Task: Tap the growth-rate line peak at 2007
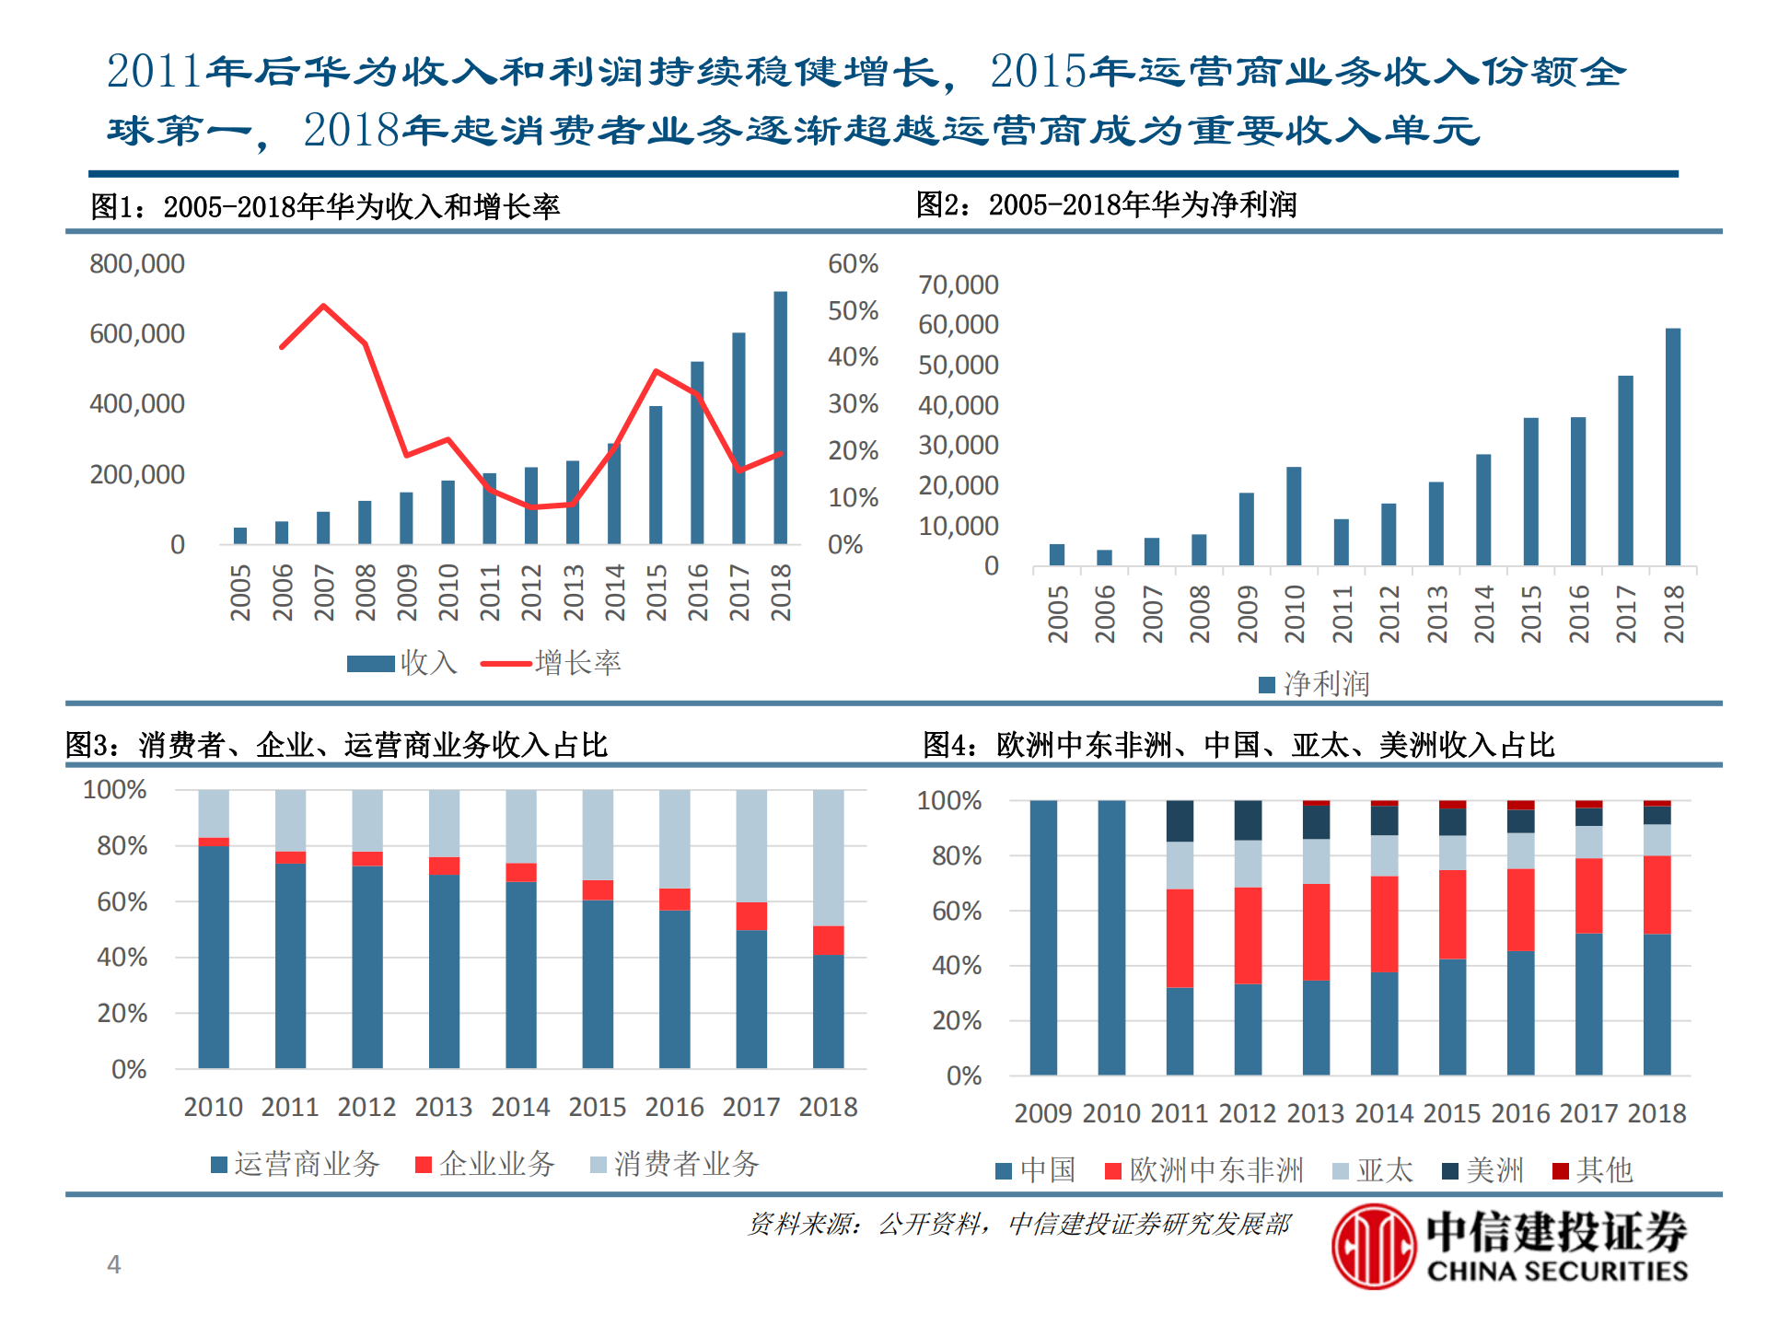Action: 323,306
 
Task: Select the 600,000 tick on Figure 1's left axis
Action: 137,333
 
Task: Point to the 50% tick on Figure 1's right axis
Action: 853,311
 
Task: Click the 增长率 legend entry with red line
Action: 552,663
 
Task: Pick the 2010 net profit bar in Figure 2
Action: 1294,516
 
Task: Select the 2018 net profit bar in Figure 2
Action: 1673,447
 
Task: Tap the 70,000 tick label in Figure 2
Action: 958,285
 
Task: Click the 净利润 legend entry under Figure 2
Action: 1314,684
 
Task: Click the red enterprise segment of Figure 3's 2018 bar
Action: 828,940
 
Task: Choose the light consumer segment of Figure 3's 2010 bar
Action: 214,813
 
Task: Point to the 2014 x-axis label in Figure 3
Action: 520,1107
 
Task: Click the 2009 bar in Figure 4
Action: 1043,937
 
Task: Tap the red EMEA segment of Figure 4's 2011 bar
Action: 1180,937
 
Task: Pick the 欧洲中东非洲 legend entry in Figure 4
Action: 1204,1170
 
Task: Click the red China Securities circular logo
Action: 1372,1246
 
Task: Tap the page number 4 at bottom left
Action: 114,1264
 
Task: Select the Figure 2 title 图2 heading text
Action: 1105,204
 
